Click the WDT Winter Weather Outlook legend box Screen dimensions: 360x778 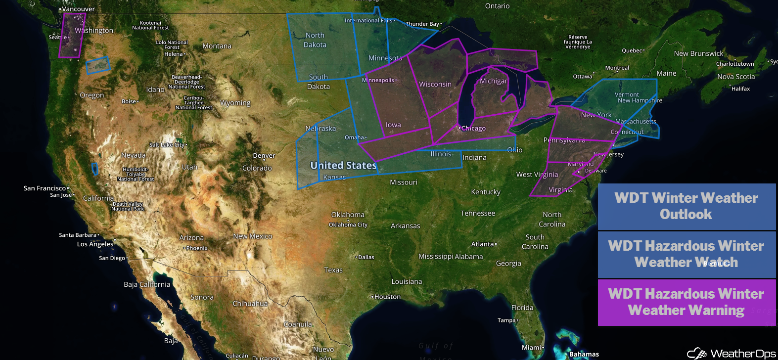(686, 206)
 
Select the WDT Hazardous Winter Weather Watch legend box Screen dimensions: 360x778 (686, 254)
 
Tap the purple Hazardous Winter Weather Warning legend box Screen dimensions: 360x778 (686, 302)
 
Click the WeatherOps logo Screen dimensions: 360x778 (732, 353)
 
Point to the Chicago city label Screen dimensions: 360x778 (473, 129)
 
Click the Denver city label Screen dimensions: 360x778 (264, 156)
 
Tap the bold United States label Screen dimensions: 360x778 (343, 166)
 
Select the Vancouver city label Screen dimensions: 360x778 (78, 9)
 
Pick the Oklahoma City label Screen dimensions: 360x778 (348, 225)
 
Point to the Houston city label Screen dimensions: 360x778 (387, 297)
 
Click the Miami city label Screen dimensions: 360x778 (532, 348)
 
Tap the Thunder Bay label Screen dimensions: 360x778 (422, 24)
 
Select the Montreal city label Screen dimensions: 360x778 (617, 68)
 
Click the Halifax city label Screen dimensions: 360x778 (741, 89)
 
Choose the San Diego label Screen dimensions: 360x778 (112, 258)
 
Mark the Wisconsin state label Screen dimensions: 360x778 (435, 85)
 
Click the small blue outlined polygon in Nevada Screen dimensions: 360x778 (95, 169)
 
